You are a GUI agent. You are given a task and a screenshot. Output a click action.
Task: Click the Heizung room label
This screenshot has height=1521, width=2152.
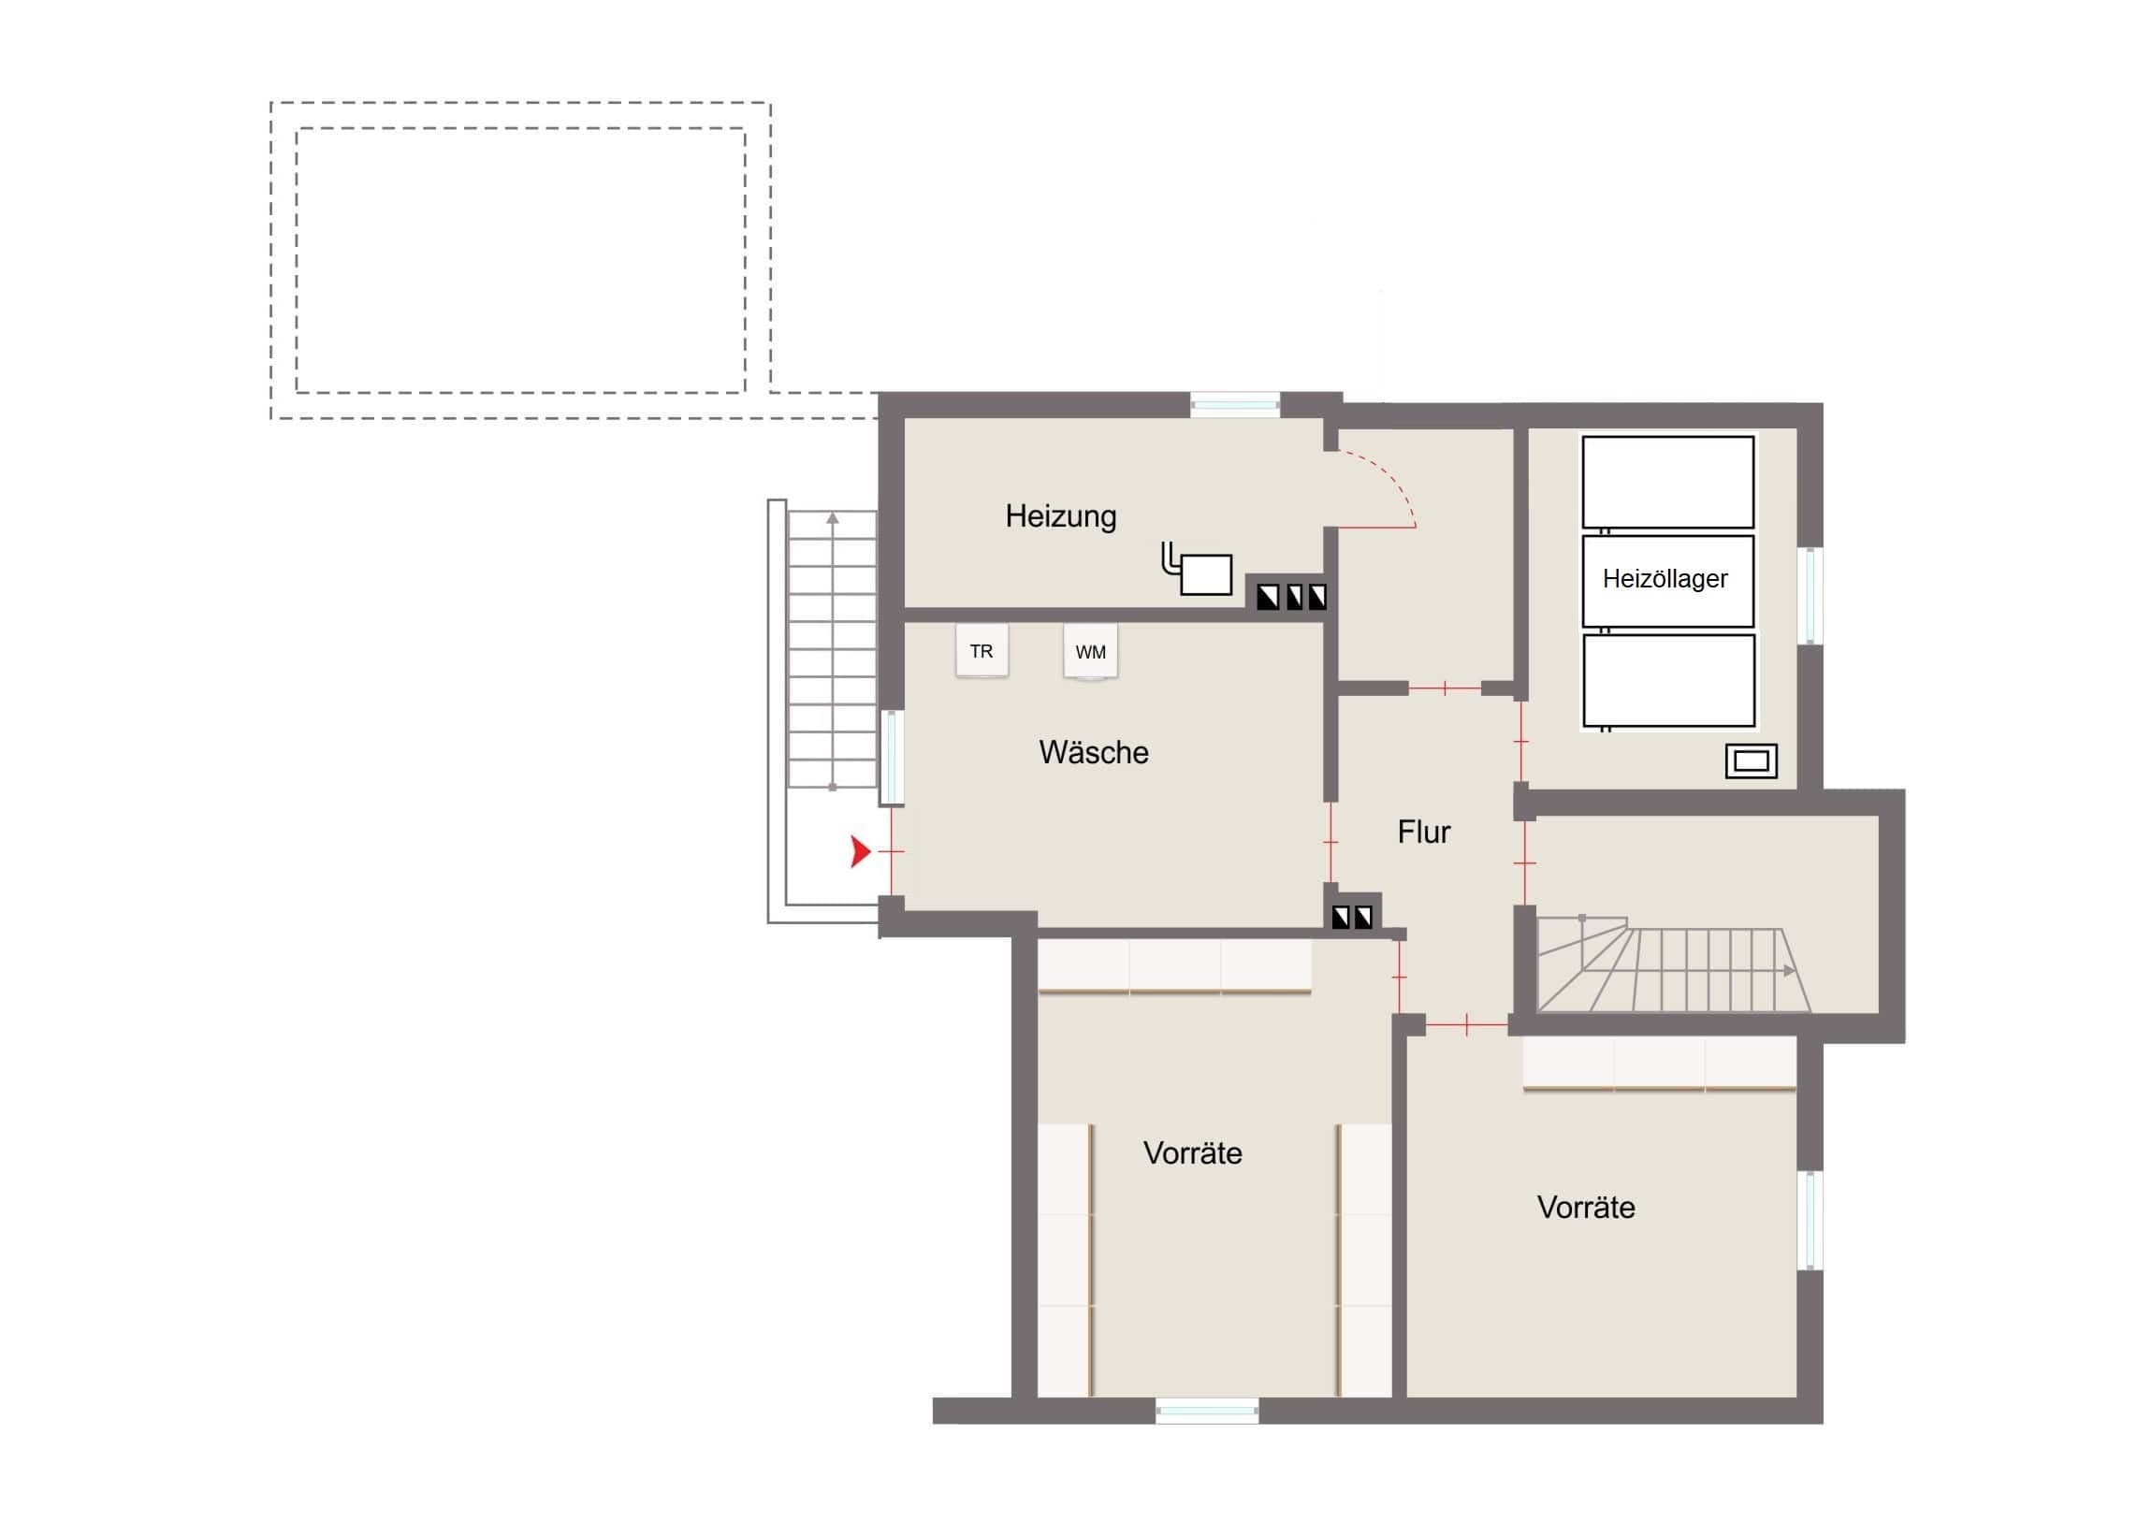pos(1060,517)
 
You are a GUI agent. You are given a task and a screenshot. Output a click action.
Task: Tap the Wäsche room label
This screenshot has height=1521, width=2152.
pos(1094,752)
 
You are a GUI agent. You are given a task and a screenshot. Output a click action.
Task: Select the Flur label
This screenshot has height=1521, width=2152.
pos(1424,833)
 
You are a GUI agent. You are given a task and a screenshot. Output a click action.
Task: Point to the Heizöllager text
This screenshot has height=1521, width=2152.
pos(1665,579)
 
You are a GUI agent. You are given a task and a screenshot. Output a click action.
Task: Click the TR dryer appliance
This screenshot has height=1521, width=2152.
pos(981,650)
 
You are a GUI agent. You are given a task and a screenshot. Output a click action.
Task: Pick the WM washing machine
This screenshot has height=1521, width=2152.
pos(1090,651)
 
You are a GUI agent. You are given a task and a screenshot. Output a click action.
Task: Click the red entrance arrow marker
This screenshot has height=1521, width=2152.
pos(860,851)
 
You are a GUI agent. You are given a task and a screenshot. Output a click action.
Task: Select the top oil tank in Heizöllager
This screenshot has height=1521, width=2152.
pos(1667,482)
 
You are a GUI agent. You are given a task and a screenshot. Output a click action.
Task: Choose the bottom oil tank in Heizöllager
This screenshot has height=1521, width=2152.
pos(1667,680)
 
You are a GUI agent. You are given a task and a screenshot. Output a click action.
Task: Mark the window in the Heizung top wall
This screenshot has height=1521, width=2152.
pos(1235,405)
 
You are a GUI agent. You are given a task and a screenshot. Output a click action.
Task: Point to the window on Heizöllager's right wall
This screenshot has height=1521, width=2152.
pos(1810,595)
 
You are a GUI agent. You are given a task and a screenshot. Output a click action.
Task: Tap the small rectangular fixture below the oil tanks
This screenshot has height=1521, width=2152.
pos(1751,761)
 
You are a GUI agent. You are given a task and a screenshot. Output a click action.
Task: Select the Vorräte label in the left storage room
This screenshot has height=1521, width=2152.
pos(1192,1152)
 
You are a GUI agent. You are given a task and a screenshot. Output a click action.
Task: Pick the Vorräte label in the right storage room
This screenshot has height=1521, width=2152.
pos(1586,1207)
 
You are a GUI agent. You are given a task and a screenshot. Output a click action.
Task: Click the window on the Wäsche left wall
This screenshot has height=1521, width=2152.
pos(892,758)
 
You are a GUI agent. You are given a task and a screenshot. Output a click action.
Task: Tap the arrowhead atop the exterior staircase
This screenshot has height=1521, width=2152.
pos(833,517)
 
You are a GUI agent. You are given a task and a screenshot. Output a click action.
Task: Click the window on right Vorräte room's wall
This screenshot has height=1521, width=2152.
pos(1810,1220)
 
